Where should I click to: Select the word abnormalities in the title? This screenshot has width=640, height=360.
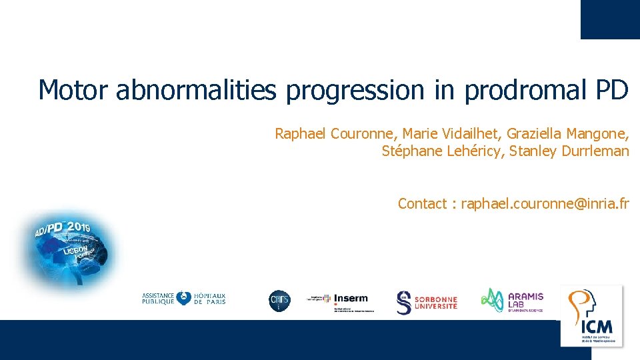[195, 90]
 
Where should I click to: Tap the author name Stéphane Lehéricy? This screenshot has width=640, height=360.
[442, 151]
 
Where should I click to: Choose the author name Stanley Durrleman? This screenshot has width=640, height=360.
[569, 151]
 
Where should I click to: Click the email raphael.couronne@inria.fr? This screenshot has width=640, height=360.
[545, 203]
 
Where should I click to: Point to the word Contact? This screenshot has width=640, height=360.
[422, 203]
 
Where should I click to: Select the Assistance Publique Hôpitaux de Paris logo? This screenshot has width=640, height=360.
[184, 299]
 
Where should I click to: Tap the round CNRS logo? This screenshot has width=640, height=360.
[279, 301]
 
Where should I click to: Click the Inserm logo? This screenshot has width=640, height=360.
[341, 301]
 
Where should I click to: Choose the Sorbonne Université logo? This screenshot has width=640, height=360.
[427, 302]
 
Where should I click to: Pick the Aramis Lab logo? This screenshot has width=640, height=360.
[513, 300]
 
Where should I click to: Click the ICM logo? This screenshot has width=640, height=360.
[592, 315]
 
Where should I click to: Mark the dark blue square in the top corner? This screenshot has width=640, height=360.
[610, 19]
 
